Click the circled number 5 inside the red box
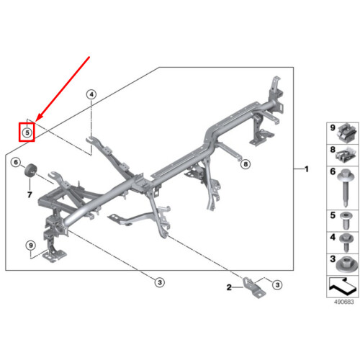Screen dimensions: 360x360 (27, 132)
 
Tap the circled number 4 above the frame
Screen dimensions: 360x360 (91, 94)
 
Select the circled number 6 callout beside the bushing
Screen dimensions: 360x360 (16, 163)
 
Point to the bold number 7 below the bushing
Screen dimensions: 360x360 (30, 194)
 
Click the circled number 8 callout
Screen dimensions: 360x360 (246, 164)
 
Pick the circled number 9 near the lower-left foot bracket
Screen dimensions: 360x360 (31, 246)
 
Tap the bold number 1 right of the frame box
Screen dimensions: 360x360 (307, 169)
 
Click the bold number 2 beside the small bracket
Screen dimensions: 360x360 (229, 287)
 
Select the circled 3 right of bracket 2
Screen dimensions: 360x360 (277, 285)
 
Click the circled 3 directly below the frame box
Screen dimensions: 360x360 (160, 282)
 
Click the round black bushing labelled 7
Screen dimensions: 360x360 (31, 170)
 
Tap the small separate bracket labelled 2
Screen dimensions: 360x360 (254, 287)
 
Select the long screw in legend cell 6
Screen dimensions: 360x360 (345, 186)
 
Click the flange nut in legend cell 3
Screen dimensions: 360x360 (345, 264)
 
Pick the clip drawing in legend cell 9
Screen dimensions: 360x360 (346, 132)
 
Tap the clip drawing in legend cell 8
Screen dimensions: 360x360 (346, 155)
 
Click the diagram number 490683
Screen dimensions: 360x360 (344, 302)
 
